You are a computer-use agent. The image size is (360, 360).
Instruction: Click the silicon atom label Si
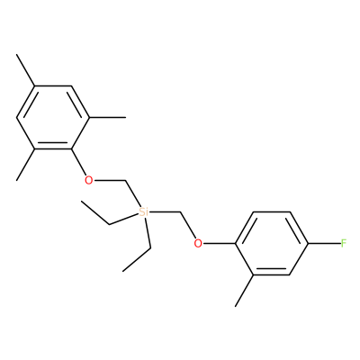[x=144, y=212]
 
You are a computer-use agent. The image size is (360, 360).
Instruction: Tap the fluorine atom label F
[x=344, y=243]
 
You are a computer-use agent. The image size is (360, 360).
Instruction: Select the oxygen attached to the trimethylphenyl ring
[x=88, y=181]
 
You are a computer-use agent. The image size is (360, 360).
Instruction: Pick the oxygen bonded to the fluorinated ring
[x=198, y=243]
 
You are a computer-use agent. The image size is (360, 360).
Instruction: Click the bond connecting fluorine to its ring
[x=325, y=243]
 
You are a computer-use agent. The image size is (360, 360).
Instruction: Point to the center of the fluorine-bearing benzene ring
[x=272, y=243]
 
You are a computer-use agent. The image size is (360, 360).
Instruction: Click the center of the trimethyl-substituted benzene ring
[x=53, y=117]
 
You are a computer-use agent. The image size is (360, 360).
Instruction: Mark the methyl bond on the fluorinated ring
[x=245, y=291]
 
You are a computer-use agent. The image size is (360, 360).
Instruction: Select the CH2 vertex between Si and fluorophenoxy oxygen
[x=181, y=212]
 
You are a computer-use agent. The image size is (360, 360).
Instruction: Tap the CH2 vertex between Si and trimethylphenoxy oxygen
[x=126, y=181]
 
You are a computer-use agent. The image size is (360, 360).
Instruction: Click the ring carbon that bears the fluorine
[x=309, y=243]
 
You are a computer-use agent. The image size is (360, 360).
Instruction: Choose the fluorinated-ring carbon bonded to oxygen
[x=236, y=243]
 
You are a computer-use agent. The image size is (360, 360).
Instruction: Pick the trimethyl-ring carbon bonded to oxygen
[x=71, y=148]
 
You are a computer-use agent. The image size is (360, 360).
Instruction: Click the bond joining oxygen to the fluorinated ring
[x=219, y=243]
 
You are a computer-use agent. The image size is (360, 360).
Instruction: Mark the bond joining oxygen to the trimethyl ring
[x=78, y=162]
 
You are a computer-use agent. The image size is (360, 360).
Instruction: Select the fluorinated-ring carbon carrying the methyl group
[x=254, y=274]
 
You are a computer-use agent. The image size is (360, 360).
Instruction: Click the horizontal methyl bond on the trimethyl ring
[x=108, y=117]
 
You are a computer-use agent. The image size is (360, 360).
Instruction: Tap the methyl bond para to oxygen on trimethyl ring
[x=26, y=70]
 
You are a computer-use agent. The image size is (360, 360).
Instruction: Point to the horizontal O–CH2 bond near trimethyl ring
[x=110, y=181]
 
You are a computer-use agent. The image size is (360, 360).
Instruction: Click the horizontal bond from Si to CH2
[x=165, y=212]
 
